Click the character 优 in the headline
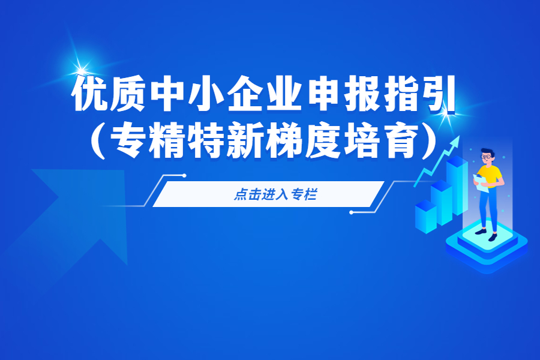pos(91,94)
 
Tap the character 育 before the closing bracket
pos(401,140)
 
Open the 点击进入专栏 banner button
pos(268,194)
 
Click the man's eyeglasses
pos(486,157)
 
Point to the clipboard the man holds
pos(481,183)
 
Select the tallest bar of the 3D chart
pos(457,185)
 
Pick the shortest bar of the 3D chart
pos(426,217)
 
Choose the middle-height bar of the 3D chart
pos(442,203)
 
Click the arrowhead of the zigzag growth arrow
pos(456,140)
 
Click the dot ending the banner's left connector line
pos(184,176)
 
